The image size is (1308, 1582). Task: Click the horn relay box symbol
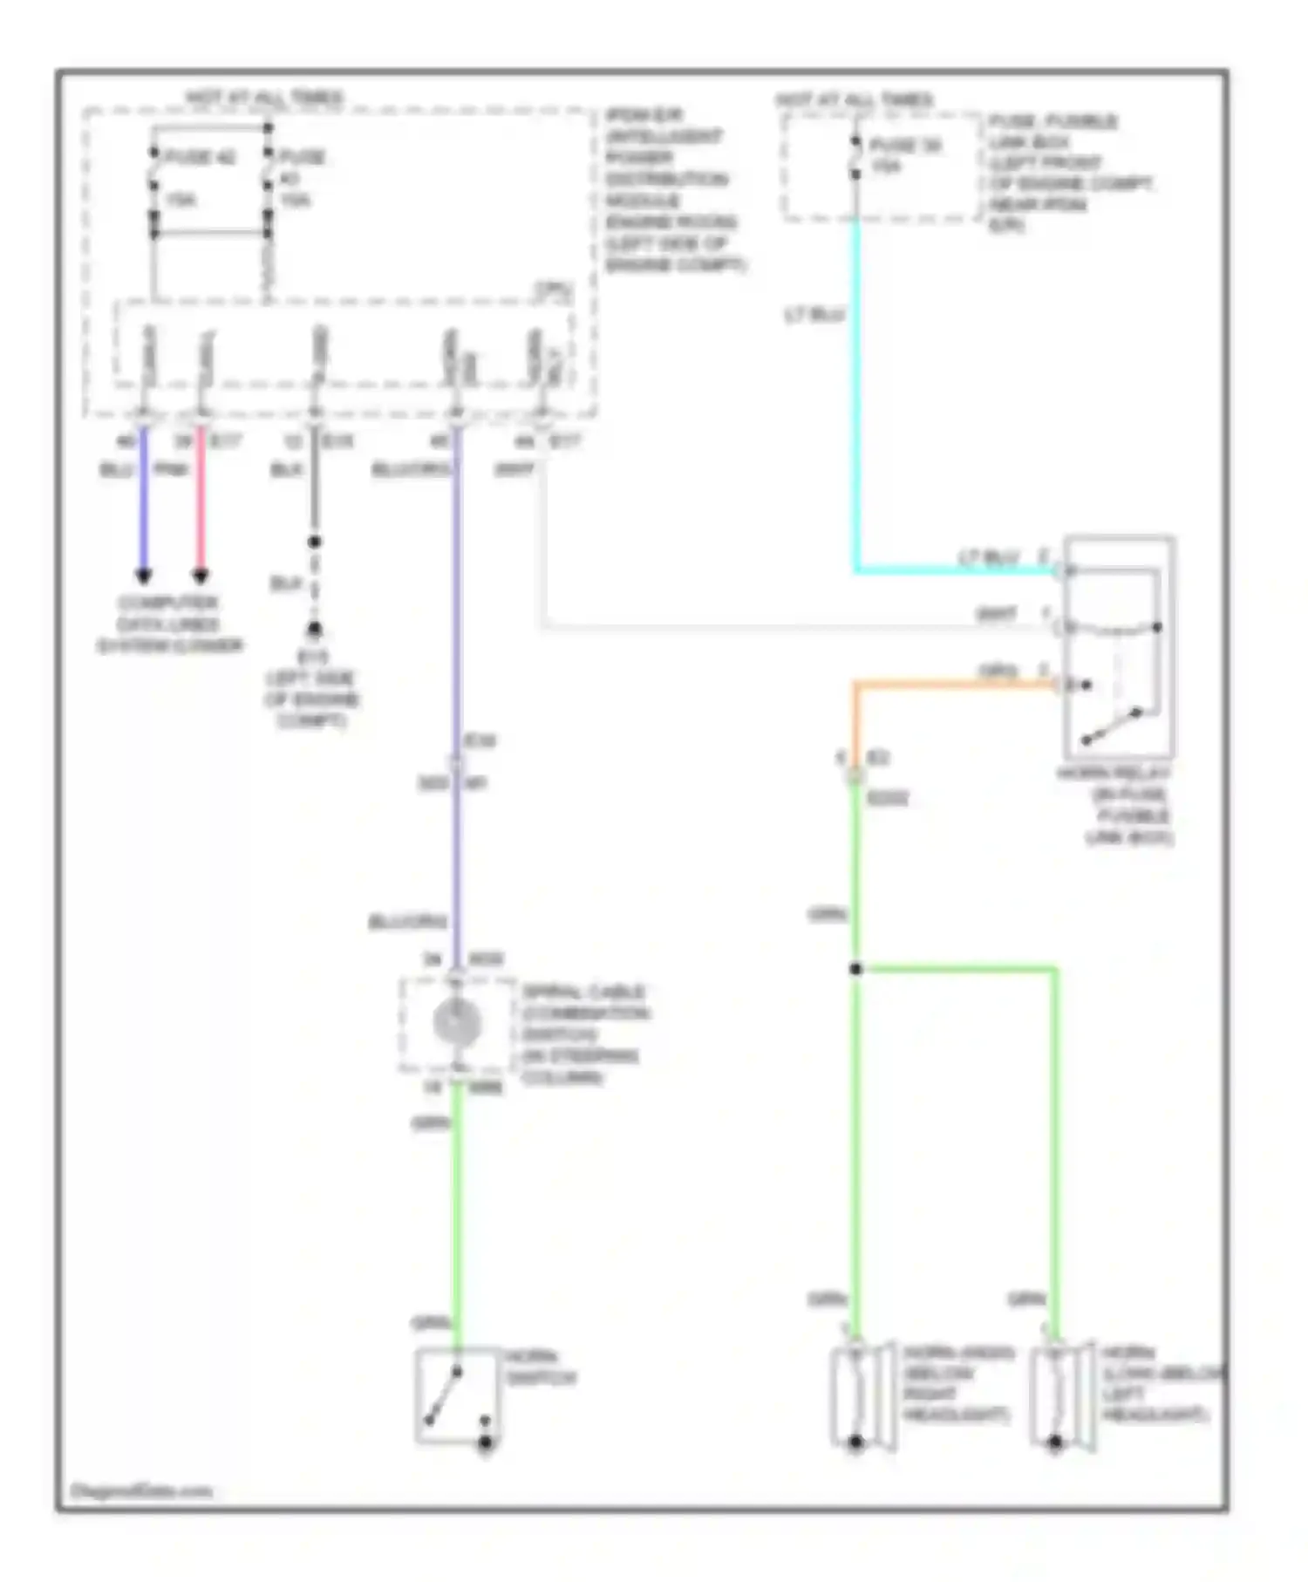1119,646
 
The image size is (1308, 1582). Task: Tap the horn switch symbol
457,1395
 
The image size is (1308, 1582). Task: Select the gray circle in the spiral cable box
457,1022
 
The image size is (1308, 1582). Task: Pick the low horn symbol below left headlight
1059,1394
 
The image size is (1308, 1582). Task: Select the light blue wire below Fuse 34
856,392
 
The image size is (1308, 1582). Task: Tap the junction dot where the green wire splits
856,969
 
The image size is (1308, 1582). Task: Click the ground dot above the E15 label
315,629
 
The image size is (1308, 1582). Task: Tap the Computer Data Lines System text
169,624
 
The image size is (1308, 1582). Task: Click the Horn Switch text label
541,1367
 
